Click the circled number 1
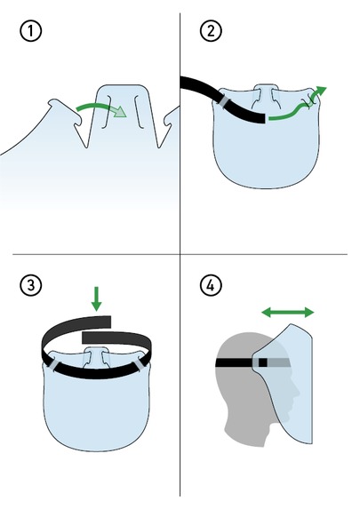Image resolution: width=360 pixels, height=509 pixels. click(x=31, y=31)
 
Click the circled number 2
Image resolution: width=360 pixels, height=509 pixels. click(x=211, y=31)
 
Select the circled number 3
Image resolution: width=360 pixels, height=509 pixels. click(x=31, y=285)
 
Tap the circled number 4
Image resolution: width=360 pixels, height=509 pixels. click(x=211, y=285)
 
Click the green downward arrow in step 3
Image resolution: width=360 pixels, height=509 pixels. click(x=97, y=298)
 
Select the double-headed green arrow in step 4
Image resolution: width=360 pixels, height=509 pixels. click(x=288, y=313)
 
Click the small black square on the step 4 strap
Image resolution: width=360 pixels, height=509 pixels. click(x=263, y=362)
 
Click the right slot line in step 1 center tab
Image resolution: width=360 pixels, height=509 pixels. click(x=139, y=112)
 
